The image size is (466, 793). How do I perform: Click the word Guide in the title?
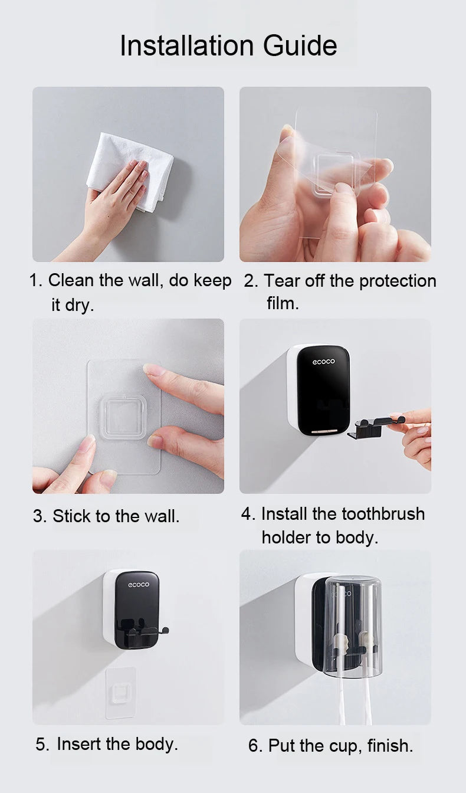pos(300,45)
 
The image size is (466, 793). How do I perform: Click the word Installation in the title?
pos(187,45)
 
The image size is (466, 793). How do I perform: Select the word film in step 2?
pos(283,303)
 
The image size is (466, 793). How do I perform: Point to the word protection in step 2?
pos(398,281)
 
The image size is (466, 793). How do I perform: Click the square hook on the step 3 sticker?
pos(123,417)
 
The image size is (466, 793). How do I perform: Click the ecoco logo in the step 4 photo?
pos(323,362)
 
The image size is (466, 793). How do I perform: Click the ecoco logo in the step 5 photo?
pos(139,585)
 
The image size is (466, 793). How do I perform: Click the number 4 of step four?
pos(246,514)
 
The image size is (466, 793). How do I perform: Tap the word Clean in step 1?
pos(71,280)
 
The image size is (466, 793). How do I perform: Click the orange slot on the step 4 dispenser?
pos(324,431)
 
